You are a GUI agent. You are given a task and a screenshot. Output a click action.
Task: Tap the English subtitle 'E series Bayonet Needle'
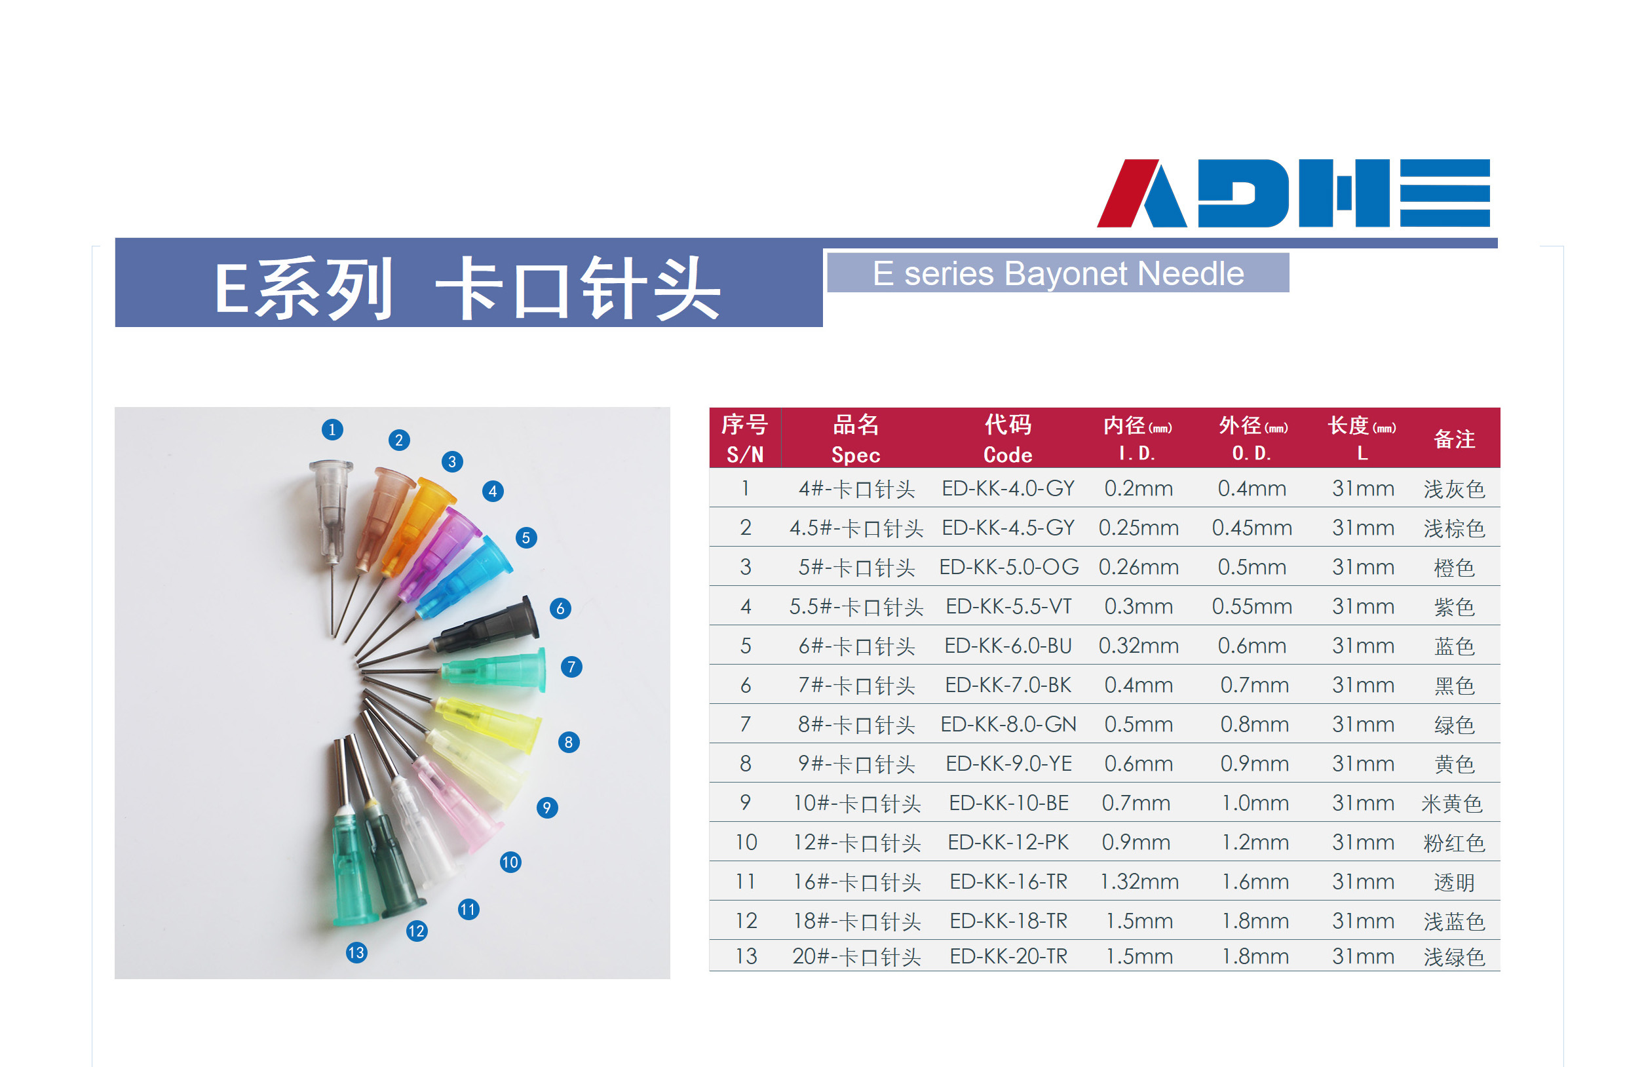(1058, 273)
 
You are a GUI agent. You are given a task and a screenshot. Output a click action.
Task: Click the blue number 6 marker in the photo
(560, 608)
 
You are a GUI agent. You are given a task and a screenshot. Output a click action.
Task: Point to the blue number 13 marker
(356, 952)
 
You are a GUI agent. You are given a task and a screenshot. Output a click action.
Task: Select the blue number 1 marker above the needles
(332, 429)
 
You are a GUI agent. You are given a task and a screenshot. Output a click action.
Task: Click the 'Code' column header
(1008, 455)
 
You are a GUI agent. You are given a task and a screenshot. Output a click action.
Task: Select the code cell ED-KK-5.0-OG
(1009, 567)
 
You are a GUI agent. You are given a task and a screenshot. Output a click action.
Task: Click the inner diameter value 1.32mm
(1139, 882)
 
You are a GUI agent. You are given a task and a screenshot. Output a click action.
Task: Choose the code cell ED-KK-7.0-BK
(1008, 685)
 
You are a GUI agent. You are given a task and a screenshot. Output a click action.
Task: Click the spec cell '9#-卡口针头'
(856, 764)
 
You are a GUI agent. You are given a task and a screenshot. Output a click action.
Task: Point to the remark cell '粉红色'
(1454, 843)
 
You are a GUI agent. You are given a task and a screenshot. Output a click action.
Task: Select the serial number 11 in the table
(746, 882)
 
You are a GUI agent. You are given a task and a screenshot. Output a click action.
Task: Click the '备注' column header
(1454, 439)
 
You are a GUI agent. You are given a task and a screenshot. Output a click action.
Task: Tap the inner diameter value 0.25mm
(1139, 528)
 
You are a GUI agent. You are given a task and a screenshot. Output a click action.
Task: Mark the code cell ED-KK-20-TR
(1008, 956)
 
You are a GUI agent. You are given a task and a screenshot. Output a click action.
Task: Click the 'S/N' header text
(745, 455)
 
